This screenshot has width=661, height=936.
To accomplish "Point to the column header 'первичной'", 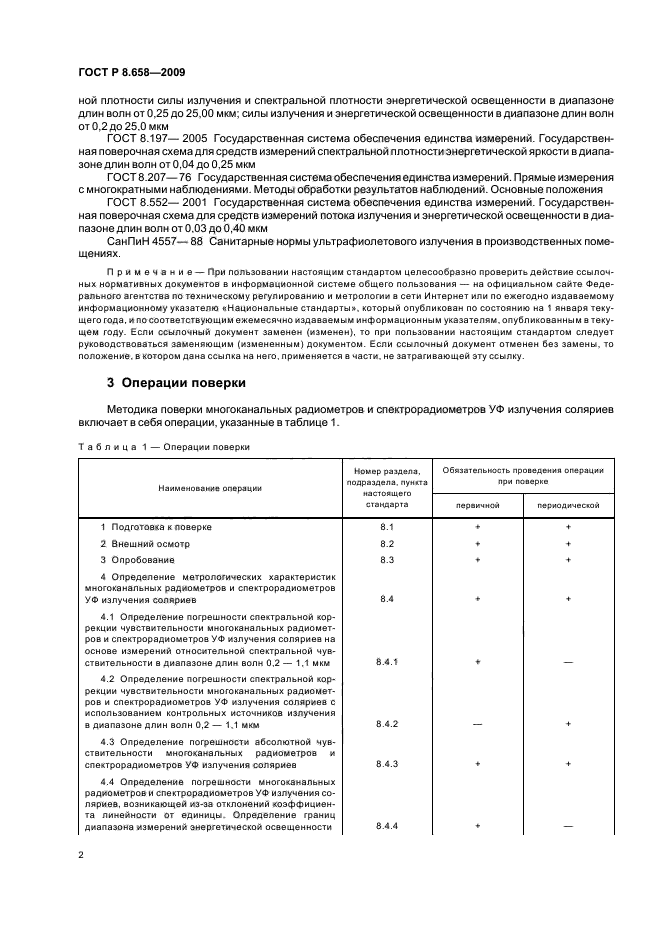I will coord(477,506).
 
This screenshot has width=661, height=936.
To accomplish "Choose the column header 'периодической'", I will coord(568,506).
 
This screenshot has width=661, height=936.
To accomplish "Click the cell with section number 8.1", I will coord(387,526).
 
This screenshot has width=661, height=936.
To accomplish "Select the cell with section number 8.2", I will coord(387,543).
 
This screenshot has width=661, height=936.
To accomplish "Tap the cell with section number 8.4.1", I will coord(387,661).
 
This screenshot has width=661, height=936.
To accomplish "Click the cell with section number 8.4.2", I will coord(387,723).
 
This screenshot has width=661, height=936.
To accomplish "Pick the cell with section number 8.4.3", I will coord(387,763).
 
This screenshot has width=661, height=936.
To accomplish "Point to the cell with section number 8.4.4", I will coord(387,826).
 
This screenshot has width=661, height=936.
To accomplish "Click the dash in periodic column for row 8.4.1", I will coord(568,661).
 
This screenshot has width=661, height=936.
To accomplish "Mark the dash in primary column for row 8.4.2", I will coord(477,723).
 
